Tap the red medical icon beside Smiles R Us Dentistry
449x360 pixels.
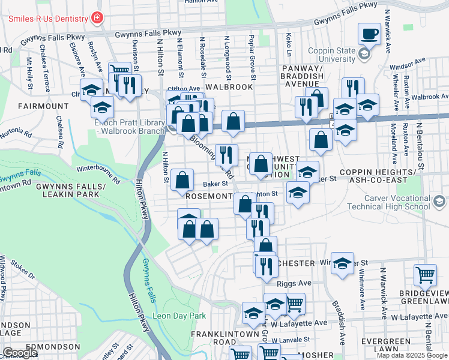click(97, 18)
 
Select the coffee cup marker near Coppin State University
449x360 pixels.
click(370, 34)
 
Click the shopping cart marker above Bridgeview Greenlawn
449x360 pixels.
click(425, 275)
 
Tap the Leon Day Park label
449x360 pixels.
click(178, 316)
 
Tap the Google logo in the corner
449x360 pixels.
click(20, 352)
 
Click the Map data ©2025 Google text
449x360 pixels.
click(412, 355)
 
